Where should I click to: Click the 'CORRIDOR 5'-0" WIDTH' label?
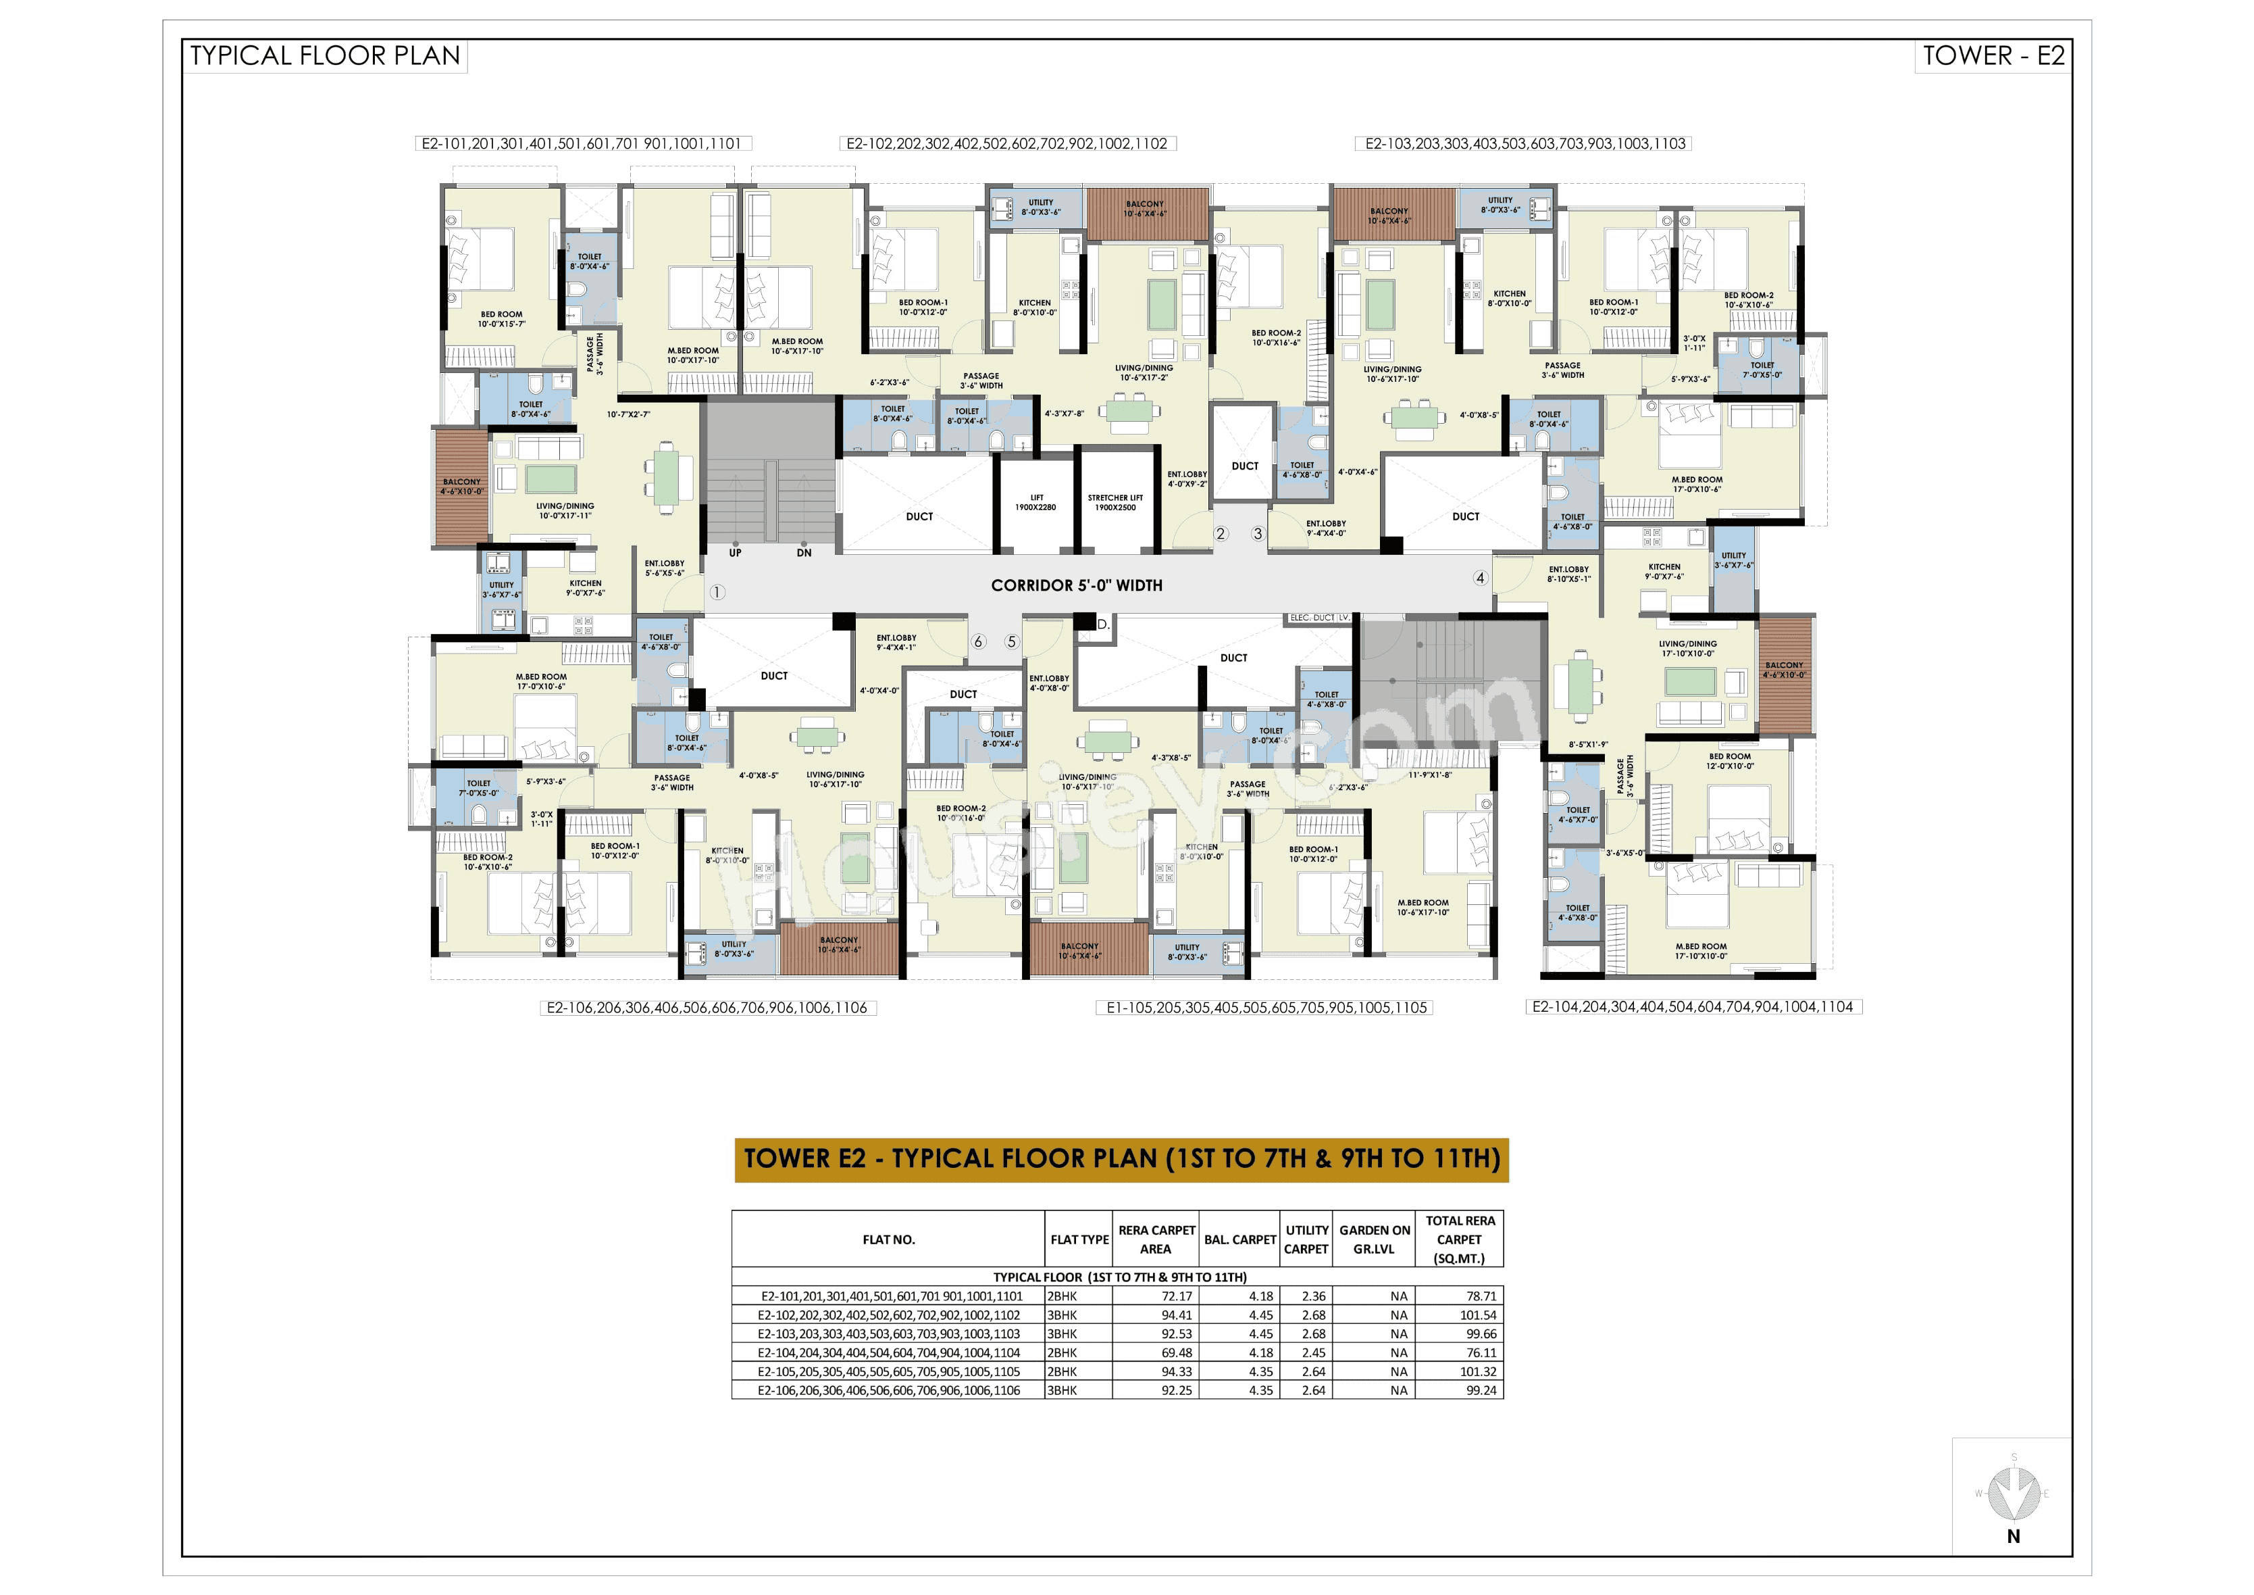tap(1076, 585)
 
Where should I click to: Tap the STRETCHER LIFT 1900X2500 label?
tap(1115, 503)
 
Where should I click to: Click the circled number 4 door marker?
tap(1481, 579)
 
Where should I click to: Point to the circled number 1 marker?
tap(717, 592)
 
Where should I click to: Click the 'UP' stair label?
tap(736, 553)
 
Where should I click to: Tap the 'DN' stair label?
tap(804, 553)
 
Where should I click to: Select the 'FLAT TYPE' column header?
tap(1079, 1240)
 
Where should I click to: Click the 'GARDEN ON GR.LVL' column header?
tap(1375, 1240)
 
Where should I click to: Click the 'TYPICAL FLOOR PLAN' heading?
tap(325, 56)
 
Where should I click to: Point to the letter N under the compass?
tap(2014, 1537)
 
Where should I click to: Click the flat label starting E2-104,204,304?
tap(1693, 1007)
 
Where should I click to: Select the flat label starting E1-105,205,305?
tap(1265, 1008)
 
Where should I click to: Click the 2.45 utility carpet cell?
tap(1314, 1352)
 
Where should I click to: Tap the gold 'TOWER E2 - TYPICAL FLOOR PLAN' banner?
tap(1121, 1159)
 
